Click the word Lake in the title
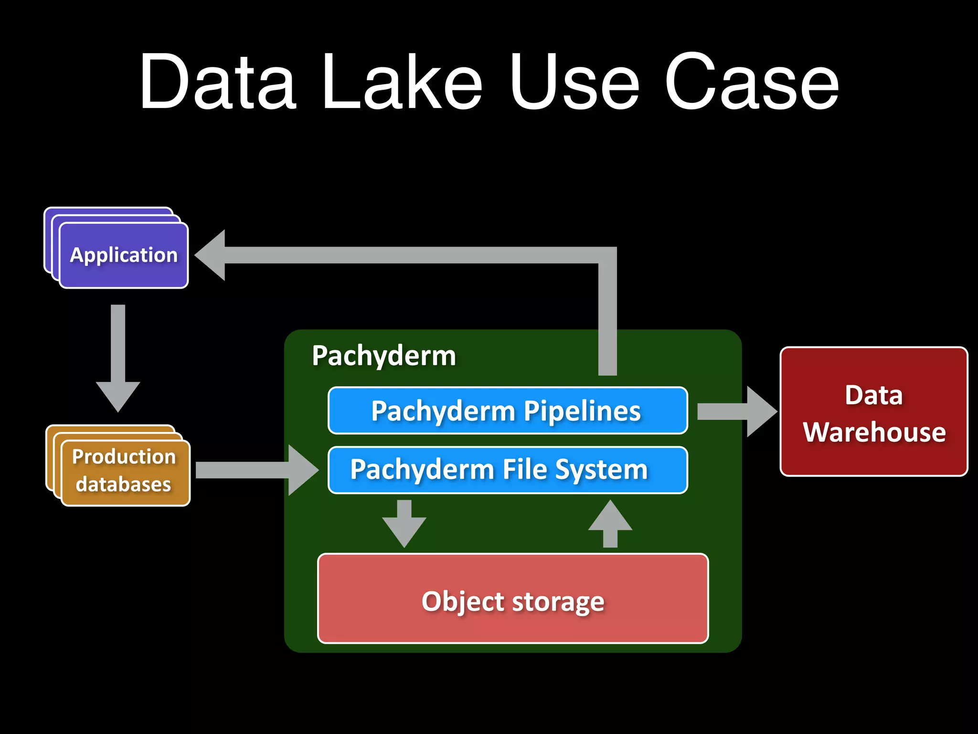[402, 82]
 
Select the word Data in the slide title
[217, 82]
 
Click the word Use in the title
[573, 82]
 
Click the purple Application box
[124, 255]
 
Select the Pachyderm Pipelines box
[507, 411]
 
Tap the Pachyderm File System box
[507, 470]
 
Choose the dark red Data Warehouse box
[873, 412]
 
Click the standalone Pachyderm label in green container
[384, 356]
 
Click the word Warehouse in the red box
[874, 432]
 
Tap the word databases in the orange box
[123, 485]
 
